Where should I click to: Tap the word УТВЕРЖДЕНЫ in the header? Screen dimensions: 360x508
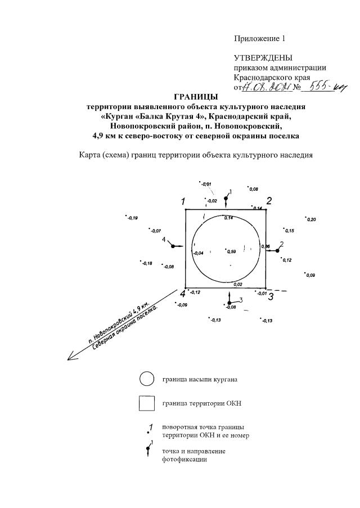263,58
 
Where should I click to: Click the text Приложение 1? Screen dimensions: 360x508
260,38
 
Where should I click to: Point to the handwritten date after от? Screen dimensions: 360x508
266,88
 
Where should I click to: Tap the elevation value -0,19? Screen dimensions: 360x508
132,218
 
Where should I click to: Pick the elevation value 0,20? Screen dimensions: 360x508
311,219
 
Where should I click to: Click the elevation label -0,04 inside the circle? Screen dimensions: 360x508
198,254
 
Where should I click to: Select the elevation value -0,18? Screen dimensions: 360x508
147,263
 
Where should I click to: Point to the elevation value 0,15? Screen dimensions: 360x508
289,231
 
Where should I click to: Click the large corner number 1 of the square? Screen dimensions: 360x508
183,201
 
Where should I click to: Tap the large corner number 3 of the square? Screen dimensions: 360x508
271,296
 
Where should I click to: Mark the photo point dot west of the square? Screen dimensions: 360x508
170,246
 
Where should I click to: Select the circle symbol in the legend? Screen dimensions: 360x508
147,379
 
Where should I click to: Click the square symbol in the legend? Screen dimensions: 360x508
147,404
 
